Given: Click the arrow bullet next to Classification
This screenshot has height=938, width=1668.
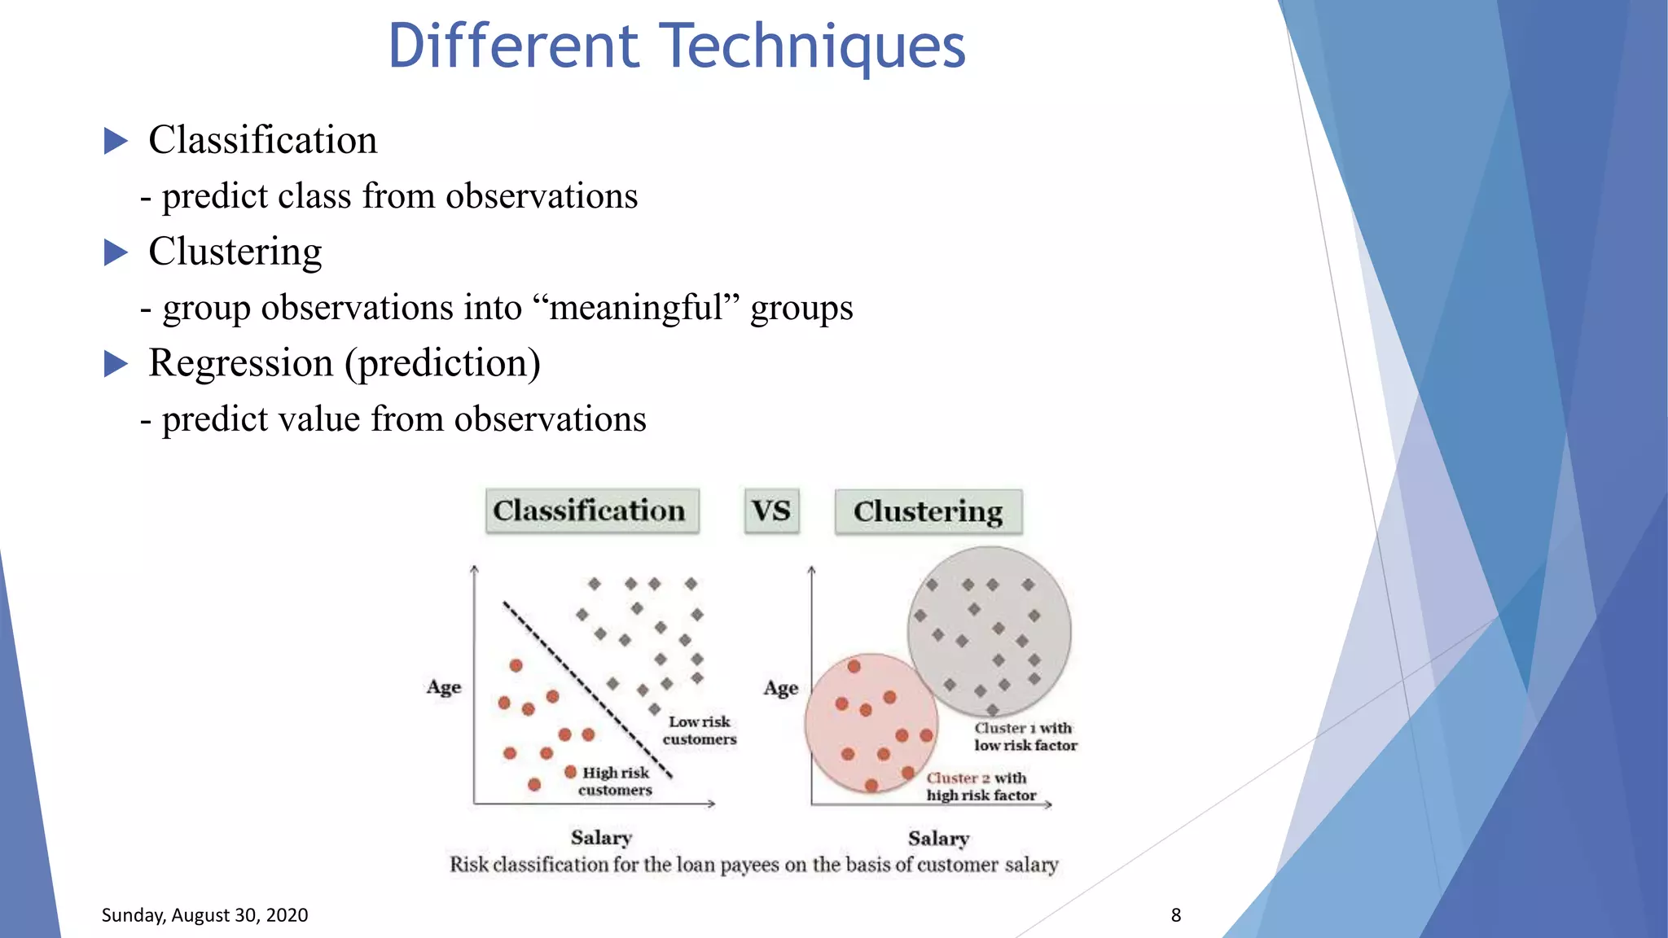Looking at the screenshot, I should pyautogui.click(x=116, y=141).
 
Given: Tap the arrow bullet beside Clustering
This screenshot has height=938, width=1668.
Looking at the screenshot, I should pyautogui.click(x=116, y=252).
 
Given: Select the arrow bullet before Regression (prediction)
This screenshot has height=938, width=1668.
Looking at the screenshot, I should pyautogui.click(x=116, y=364).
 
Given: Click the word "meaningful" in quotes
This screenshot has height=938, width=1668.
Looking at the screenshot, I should pyautogui.click(x=636, y=309).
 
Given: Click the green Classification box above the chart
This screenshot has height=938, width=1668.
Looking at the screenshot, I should pyautogui.click(x=591, y=511).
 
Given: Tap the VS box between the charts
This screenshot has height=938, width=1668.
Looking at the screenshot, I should pyautogui.click(x=771, y=511).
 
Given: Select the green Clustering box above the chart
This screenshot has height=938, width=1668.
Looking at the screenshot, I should pyautogui.click(x=928, y=511).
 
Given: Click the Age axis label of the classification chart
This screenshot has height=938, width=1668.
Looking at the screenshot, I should pyautogui.click(x=444, y=687).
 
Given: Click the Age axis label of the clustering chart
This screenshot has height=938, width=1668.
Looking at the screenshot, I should pyautogui.click(x=780, y=689).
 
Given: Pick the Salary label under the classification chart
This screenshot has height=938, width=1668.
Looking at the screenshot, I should pyautogui.click(x=601, y=837).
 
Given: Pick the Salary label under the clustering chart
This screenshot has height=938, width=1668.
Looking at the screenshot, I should pyautogui.click(x=938, y=838).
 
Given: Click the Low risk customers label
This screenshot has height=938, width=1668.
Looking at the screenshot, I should pyautogui.click(x=699, y=730).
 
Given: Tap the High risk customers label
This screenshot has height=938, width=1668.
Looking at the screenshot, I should pyautogui.click(x=616, y=781).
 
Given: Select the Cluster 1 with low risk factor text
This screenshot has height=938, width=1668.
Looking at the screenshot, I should pyautogui.click(x=1025, y=736).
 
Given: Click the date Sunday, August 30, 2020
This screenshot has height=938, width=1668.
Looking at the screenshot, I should pyautogui.click(x=204, y=915).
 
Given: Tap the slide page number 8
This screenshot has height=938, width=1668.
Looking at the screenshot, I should pyautogui.click(x=1175, y=915).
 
